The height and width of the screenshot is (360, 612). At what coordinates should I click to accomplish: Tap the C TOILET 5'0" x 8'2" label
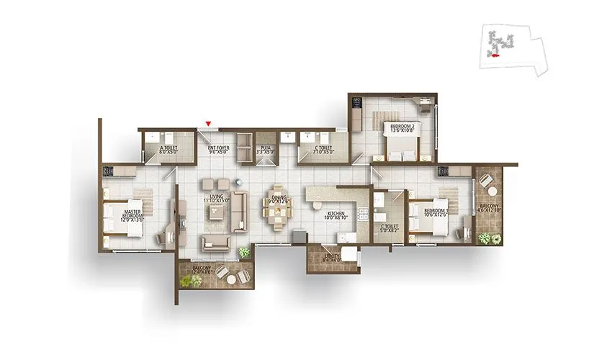point(390,230)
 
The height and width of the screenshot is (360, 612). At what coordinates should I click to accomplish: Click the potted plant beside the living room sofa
point(244,252)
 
